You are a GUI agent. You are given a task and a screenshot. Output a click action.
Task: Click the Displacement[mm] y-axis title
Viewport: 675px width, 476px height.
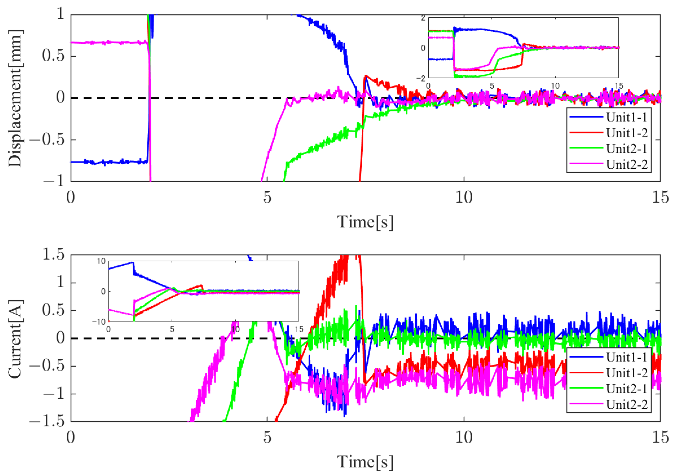15,98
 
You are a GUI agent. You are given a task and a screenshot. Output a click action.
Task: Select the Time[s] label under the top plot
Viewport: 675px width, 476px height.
365,222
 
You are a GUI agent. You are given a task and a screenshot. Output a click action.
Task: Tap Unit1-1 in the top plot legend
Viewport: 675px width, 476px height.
626,117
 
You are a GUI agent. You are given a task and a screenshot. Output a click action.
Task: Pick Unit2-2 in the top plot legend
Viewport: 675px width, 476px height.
626,164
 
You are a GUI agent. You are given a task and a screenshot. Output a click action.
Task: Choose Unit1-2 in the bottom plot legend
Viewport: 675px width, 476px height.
626,373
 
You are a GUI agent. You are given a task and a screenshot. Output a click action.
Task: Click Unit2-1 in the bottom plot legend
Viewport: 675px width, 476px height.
626,389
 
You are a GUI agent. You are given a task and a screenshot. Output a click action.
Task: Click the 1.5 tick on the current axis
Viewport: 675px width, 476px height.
53,254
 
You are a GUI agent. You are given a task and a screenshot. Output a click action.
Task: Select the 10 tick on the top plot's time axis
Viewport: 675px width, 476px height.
464,197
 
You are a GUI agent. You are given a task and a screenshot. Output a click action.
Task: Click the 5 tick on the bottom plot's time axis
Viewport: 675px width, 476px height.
267,437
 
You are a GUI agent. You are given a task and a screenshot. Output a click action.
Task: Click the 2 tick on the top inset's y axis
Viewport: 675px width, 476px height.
423,18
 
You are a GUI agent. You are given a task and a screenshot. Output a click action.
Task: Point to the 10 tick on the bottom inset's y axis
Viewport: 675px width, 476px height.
101,261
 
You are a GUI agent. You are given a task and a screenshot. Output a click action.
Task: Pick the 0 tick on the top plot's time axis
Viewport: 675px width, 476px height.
71,197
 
